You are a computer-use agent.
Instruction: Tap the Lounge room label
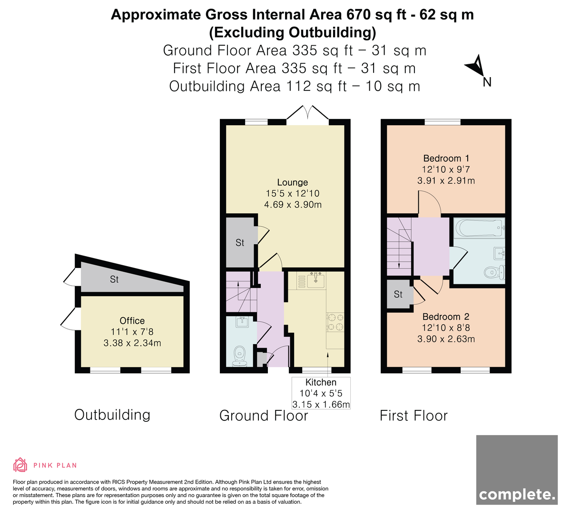tap(293, 182)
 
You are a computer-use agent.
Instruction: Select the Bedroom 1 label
tap(446, 158)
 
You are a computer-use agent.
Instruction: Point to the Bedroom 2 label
tap(446, 317)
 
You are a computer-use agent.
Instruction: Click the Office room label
tap(132, 321)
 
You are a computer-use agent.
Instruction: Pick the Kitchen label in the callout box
tap(321, 382)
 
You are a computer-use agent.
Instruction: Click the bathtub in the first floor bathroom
tap(480, 228)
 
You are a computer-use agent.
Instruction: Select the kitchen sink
tap(316, 280)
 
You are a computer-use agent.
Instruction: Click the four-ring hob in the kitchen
tap(335, 322)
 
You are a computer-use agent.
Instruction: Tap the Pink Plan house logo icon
tap(20, 465)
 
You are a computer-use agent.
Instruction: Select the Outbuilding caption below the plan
tap(112, 415)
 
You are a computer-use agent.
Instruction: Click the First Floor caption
tap(413, 416)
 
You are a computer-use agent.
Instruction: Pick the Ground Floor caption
tap(264, 416)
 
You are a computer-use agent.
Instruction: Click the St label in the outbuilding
tap(114, 279)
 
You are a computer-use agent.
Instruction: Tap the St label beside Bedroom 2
tap(398, 294)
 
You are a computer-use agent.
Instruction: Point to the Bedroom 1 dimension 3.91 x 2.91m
tap(446, 180)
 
